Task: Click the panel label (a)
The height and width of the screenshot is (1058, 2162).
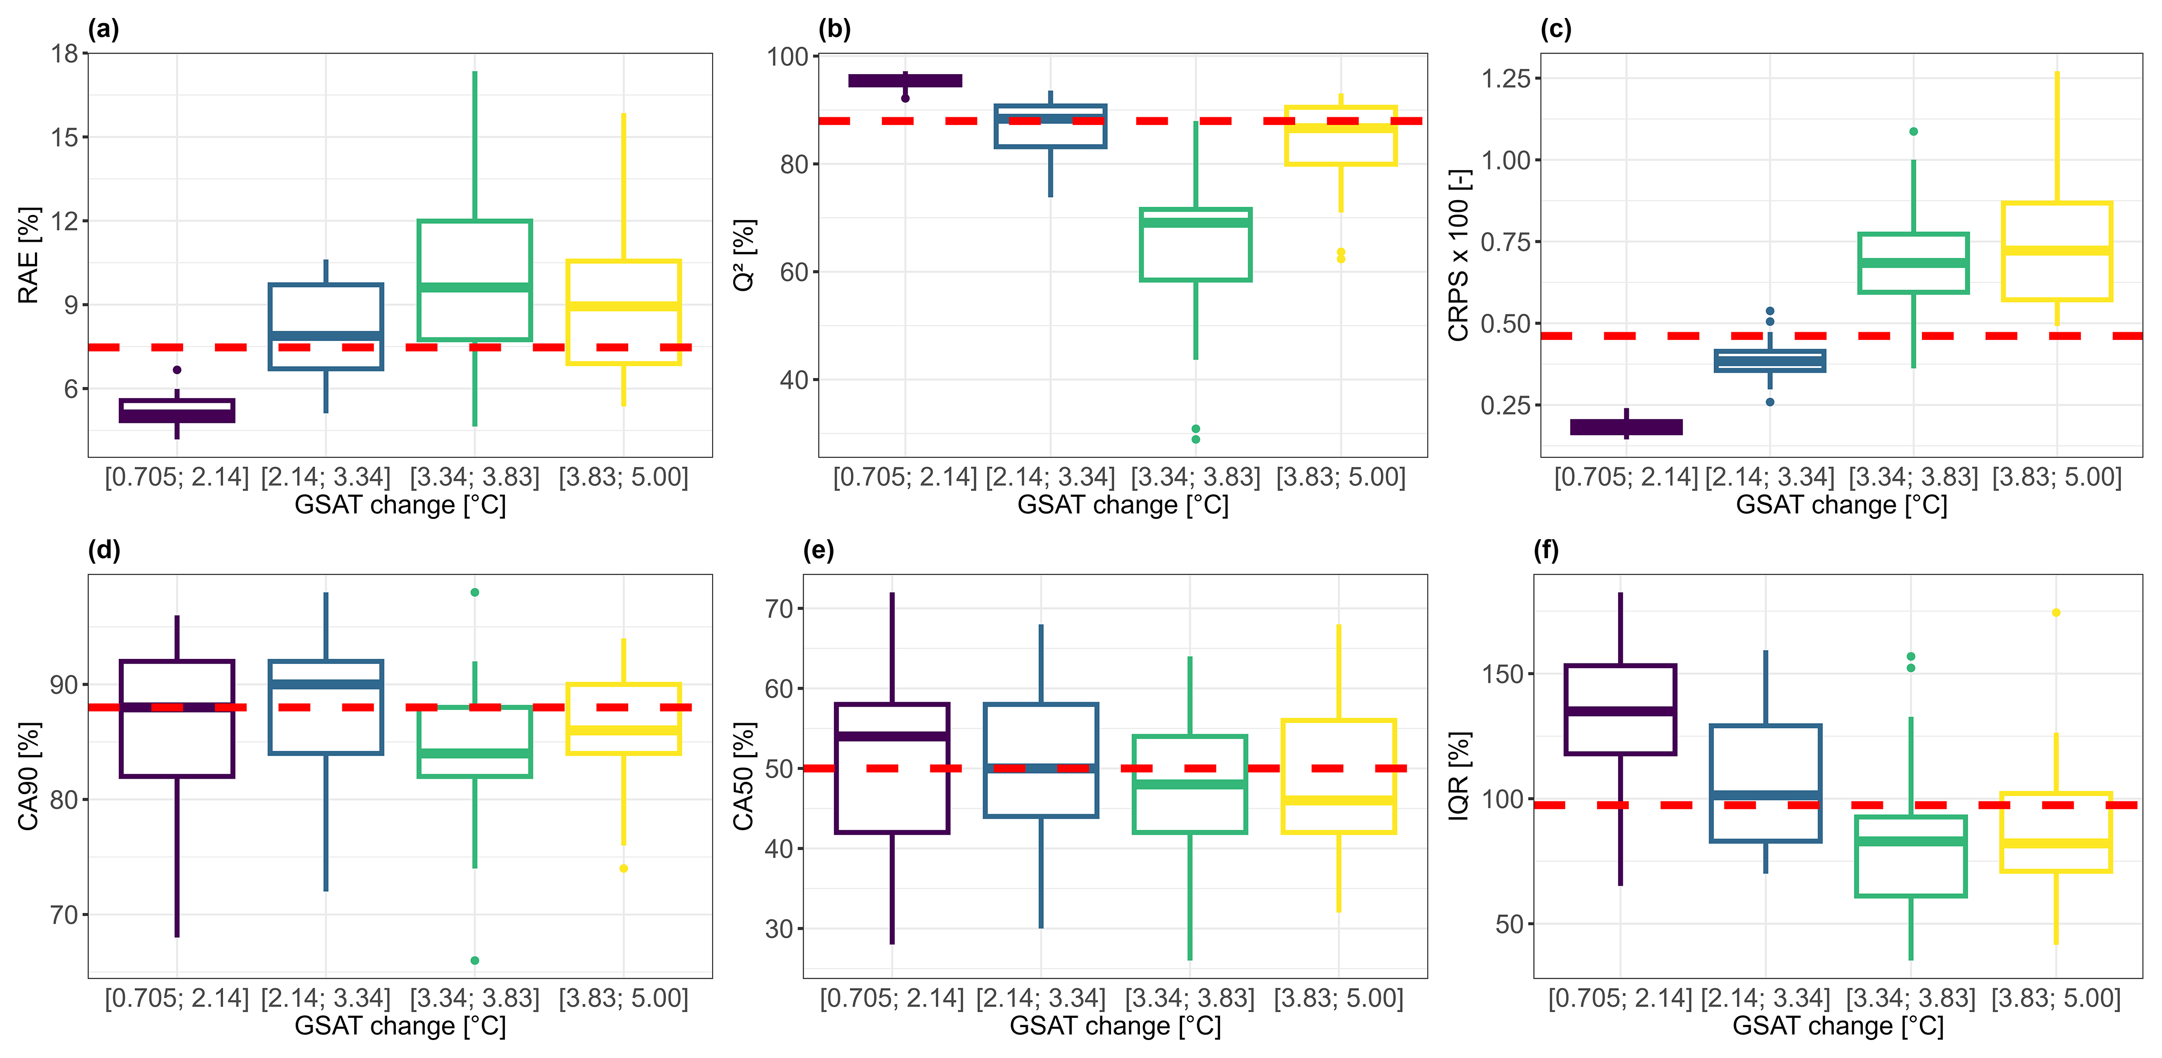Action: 103,29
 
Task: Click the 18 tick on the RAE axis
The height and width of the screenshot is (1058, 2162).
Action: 65,53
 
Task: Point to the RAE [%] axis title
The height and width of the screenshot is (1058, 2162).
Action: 29,255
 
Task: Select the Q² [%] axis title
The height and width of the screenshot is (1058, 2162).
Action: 743,255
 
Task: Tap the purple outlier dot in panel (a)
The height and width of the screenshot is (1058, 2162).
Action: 177,369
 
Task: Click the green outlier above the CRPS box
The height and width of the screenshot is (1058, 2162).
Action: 1914,132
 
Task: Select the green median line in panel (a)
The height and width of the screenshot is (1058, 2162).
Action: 475,287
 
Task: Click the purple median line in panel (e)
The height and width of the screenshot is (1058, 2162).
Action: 892,737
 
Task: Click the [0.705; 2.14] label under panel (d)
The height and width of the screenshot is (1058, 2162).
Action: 177,998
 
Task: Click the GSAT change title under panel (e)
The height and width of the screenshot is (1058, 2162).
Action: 1115,1026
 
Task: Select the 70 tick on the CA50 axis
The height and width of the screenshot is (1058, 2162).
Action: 779,609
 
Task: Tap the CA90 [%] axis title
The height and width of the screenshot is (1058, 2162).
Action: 29,775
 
